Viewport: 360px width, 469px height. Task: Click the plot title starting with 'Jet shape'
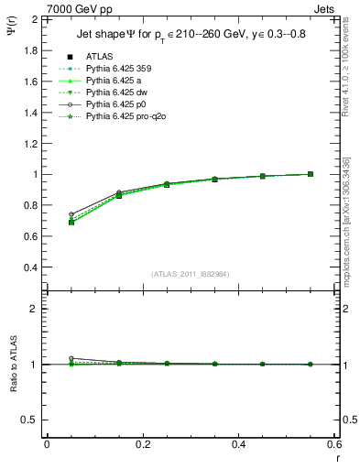tap(191, 36)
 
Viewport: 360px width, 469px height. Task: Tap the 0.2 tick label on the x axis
tap(143, 444)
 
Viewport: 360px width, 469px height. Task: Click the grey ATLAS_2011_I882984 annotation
tap(190, 274)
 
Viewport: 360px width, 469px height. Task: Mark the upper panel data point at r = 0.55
tap(311, 174)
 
